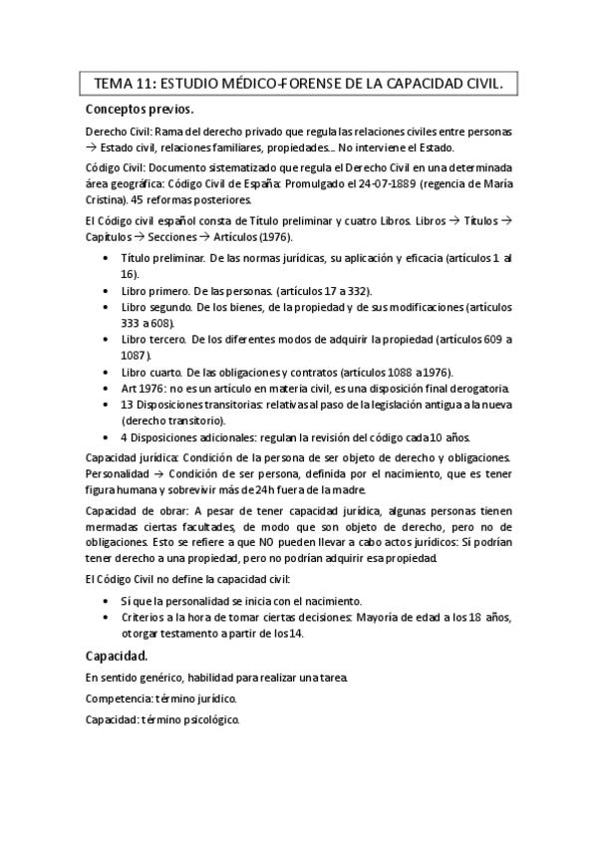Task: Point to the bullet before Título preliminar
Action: [108, 258]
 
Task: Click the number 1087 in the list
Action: [135, 355]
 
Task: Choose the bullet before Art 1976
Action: [108, 388]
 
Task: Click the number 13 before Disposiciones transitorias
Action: [127, 404]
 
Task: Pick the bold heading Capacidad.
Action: [117, 656]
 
